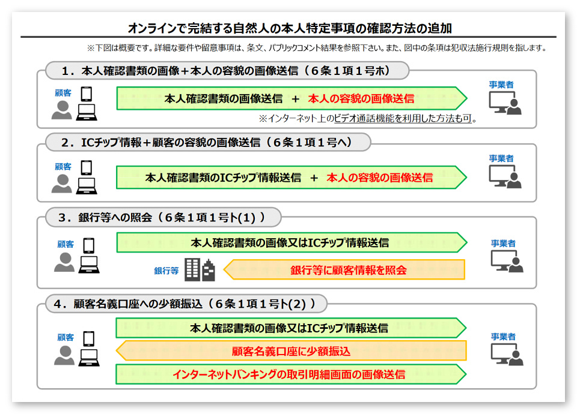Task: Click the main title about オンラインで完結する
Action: [x=290, y=28]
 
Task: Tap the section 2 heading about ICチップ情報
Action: [x=207, y=142]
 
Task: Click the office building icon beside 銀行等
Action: [x=199, y=270]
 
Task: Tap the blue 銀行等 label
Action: [x=166, y=271]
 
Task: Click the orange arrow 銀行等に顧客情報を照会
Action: [x=348, y=270]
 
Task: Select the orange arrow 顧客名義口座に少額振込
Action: [x=291, y=351]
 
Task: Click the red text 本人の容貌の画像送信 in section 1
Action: [x=361, y=98]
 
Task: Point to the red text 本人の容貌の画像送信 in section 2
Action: [x=379, y=178]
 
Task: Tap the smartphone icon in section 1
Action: [x=87, y=94]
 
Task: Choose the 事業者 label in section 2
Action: [x=501, y=158]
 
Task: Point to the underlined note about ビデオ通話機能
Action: [x=367, y=119]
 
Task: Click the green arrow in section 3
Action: [x=291, y=243]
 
